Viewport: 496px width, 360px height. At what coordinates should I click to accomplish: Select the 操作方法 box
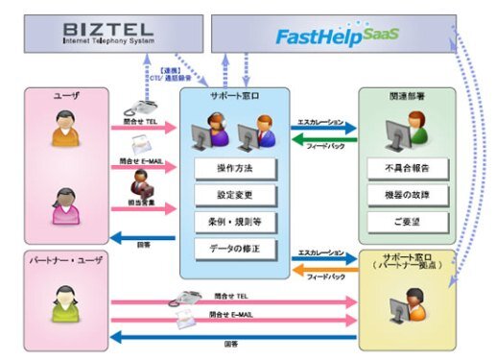234,169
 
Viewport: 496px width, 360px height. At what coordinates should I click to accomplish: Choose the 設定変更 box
234,195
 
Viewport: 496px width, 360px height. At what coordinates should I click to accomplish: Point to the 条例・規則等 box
234,223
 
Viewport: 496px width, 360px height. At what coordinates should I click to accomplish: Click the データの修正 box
234,250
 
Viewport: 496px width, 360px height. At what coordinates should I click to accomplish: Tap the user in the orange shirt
63,129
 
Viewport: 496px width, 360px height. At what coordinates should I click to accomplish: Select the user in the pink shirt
63,205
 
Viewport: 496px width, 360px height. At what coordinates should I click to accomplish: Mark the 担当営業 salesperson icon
142,182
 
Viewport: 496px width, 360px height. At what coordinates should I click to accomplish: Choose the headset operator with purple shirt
217,132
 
